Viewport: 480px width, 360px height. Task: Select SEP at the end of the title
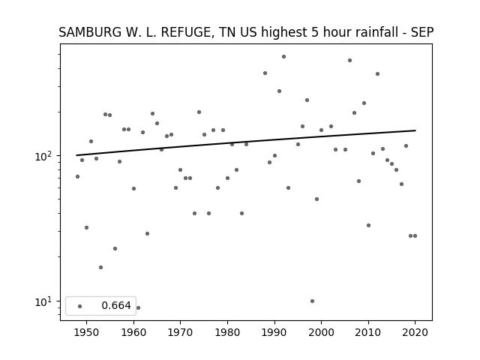422,32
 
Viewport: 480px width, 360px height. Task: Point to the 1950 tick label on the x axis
87,332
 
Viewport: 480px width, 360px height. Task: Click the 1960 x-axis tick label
133,332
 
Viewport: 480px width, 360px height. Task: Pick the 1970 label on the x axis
180,332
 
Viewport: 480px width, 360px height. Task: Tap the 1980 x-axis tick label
227,332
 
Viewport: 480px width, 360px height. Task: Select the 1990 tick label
274,332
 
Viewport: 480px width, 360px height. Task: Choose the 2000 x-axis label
322,332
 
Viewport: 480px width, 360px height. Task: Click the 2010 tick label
368,332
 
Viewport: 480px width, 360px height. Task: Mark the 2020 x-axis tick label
415,332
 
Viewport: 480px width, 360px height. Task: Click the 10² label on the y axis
46,156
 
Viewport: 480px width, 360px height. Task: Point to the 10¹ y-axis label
46,301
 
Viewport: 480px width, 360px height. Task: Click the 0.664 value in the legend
116,305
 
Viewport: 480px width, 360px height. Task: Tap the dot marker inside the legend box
80,306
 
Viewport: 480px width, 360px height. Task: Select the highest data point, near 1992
283,57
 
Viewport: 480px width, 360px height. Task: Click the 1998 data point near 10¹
312,301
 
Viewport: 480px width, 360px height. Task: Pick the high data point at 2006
349,60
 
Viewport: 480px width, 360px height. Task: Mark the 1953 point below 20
100,267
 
